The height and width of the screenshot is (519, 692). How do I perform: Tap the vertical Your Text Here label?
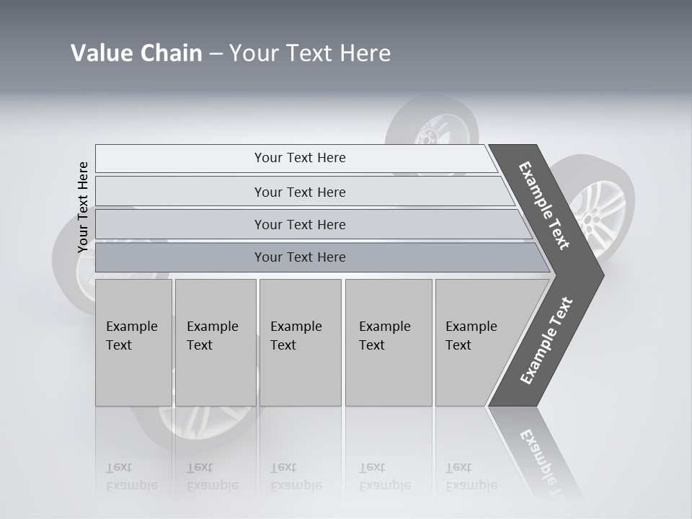83,208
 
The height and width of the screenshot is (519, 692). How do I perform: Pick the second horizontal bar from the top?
300,192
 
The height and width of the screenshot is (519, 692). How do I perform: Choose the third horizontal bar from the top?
300,224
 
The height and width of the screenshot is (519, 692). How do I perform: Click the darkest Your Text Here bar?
300,257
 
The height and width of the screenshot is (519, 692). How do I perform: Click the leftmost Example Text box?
133,342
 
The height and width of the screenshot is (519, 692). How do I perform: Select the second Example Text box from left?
215,342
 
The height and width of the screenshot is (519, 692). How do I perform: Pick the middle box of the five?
300,342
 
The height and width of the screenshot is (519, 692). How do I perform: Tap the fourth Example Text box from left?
389,342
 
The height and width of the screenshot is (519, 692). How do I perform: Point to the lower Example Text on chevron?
546,341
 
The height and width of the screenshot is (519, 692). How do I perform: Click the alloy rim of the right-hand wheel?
598,205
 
